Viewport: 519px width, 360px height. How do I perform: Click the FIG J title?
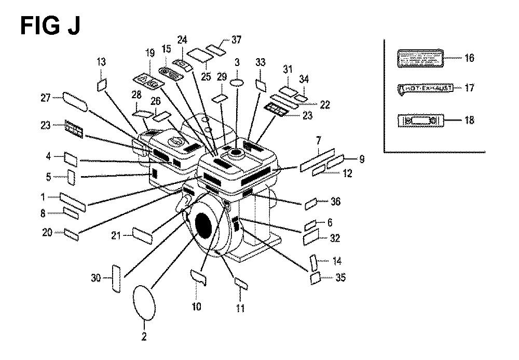click(50, 25)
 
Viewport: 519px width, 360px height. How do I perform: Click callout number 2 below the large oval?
click(144, 336)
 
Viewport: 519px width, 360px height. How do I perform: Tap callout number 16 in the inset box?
click(469, 58)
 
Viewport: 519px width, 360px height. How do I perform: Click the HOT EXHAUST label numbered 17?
click(425, 88)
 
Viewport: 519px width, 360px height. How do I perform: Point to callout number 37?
click(222, 40)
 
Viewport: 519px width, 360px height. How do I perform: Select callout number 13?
click(101, 62)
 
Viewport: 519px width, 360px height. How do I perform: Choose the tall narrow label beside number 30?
click(116, 278)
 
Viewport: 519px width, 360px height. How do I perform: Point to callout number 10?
click(196, 306)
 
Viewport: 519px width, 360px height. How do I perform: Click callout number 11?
click(240, 308)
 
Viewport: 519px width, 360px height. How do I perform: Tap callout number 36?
click(336, 201)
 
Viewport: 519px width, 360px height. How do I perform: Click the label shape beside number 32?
click(311, 238)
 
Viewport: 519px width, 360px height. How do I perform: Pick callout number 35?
click(340, 278)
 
